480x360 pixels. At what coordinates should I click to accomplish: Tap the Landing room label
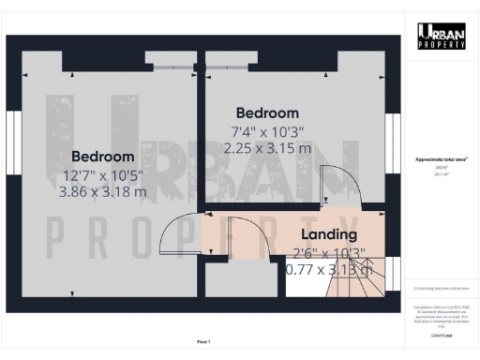coord(328,234)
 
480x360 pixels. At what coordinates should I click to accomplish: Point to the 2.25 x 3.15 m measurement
coord(267,147)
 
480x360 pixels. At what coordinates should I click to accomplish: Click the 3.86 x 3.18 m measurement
coord(102,192)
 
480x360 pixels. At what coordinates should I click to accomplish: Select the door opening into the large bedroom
coord(179,235)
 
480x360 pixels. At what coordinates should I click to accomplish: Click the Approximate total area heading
coord(441,160)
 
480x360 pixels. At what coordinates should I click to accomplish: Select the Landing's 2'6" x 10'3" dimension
coord(327,253)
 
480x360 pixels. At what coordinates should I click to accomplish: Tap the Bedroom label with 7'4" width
coord(267,112)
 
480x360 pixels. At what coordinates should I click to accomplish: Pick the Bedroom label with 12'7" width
coord(102,156)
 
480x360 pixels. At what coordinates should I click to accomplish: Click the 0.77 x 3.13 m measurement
coord(330,270)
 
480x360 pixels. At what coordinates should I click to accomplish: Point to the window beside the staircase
coord(393,272)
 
